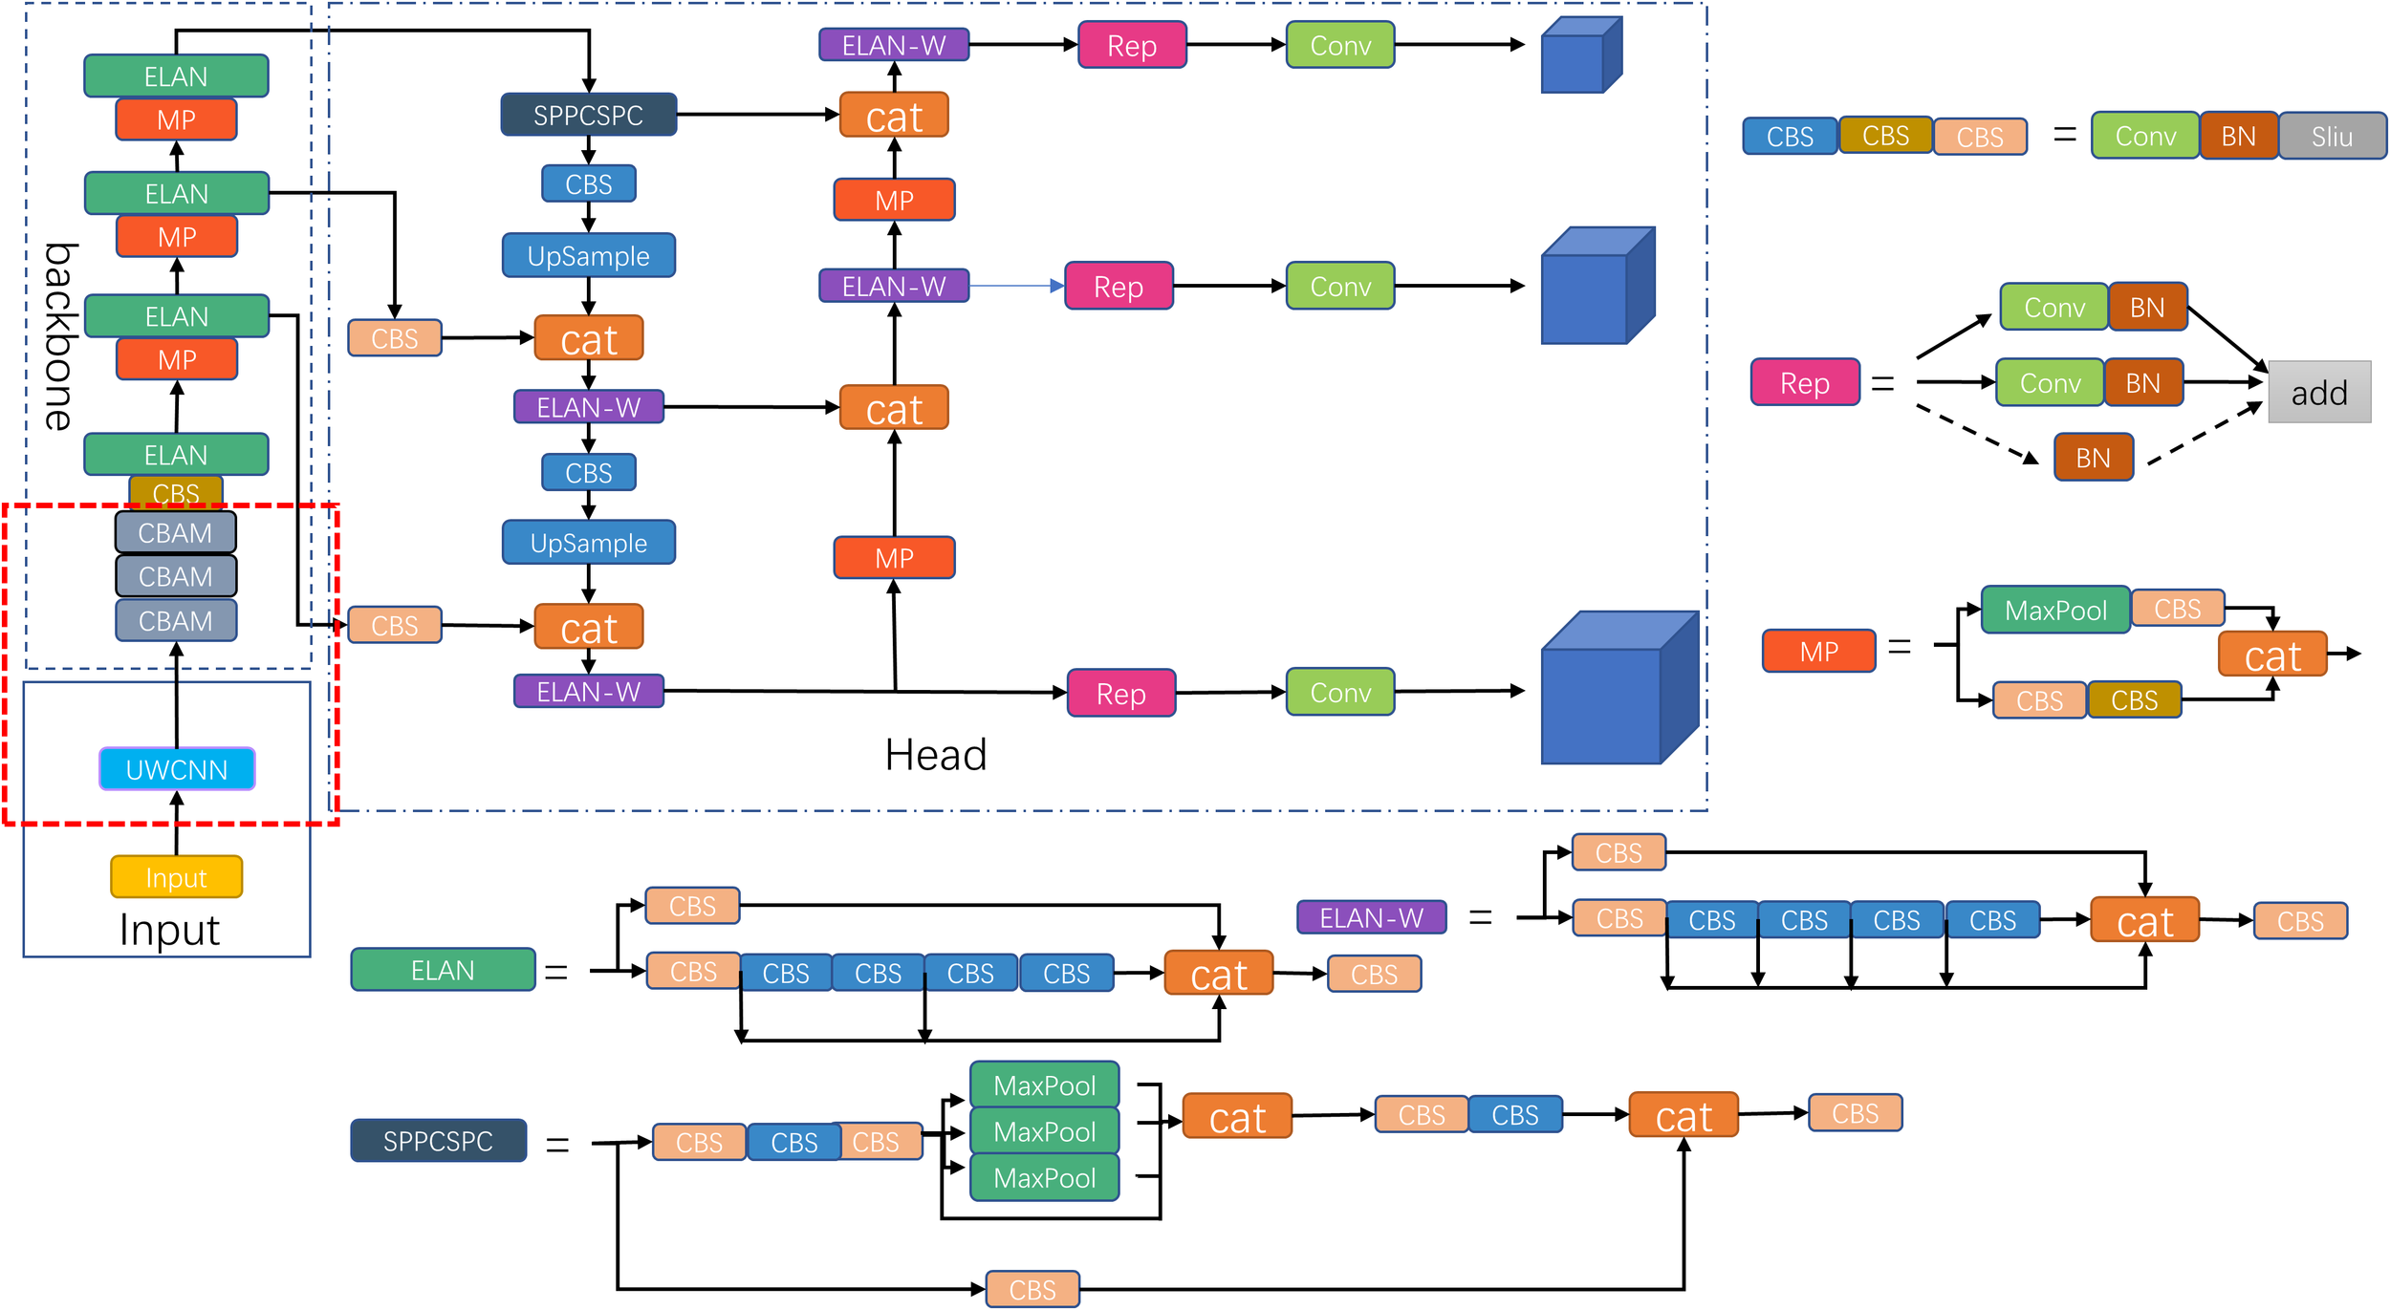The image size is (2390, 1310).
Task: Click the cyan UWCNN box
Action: [x=177, y=769]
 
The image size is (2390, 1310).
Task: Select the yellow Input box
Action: [x=177, y=877]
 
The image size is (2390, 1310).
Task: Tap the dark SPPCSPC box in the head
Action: [x=589, y=115]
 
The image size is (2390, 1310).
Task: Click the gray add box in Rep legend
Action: [x=2319, y=393]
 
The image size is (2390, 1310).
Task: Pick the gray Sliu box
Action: [x=2332, y=137]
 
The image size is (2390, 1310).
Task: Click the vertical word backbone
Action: [x=59, y=336]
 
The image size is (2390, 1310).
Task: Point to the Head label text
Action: [x=935, y=755]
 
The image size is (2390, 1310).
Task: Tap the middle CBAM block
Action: [x=176, y=576]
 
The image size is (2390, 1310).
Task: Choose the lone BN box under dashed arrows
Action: [x=2093, y=458]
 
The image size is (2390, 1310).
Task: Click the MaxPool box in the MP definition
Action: [x=2055, y=611]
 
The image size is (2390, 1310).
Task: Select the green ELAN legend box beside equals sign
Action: [x=443, y=970]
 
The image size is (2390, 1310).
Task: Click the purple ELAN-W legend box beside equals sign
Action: [x=1371, y=917]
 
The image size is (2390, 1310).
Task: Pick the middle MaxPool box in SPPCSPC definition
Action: [x=1044, y=1131]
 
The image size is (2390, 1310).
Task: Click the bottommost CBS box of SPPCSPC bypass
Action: [x=1032, y=1289]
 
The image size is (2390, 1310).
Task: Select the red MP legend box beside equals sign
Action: [x=1818, y=652]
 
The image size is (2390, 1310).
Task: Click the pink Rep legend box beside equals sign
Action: [x=1804, y=383]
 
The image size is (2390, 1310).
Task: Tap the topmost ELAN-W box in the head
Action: [x=894, y=45]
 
